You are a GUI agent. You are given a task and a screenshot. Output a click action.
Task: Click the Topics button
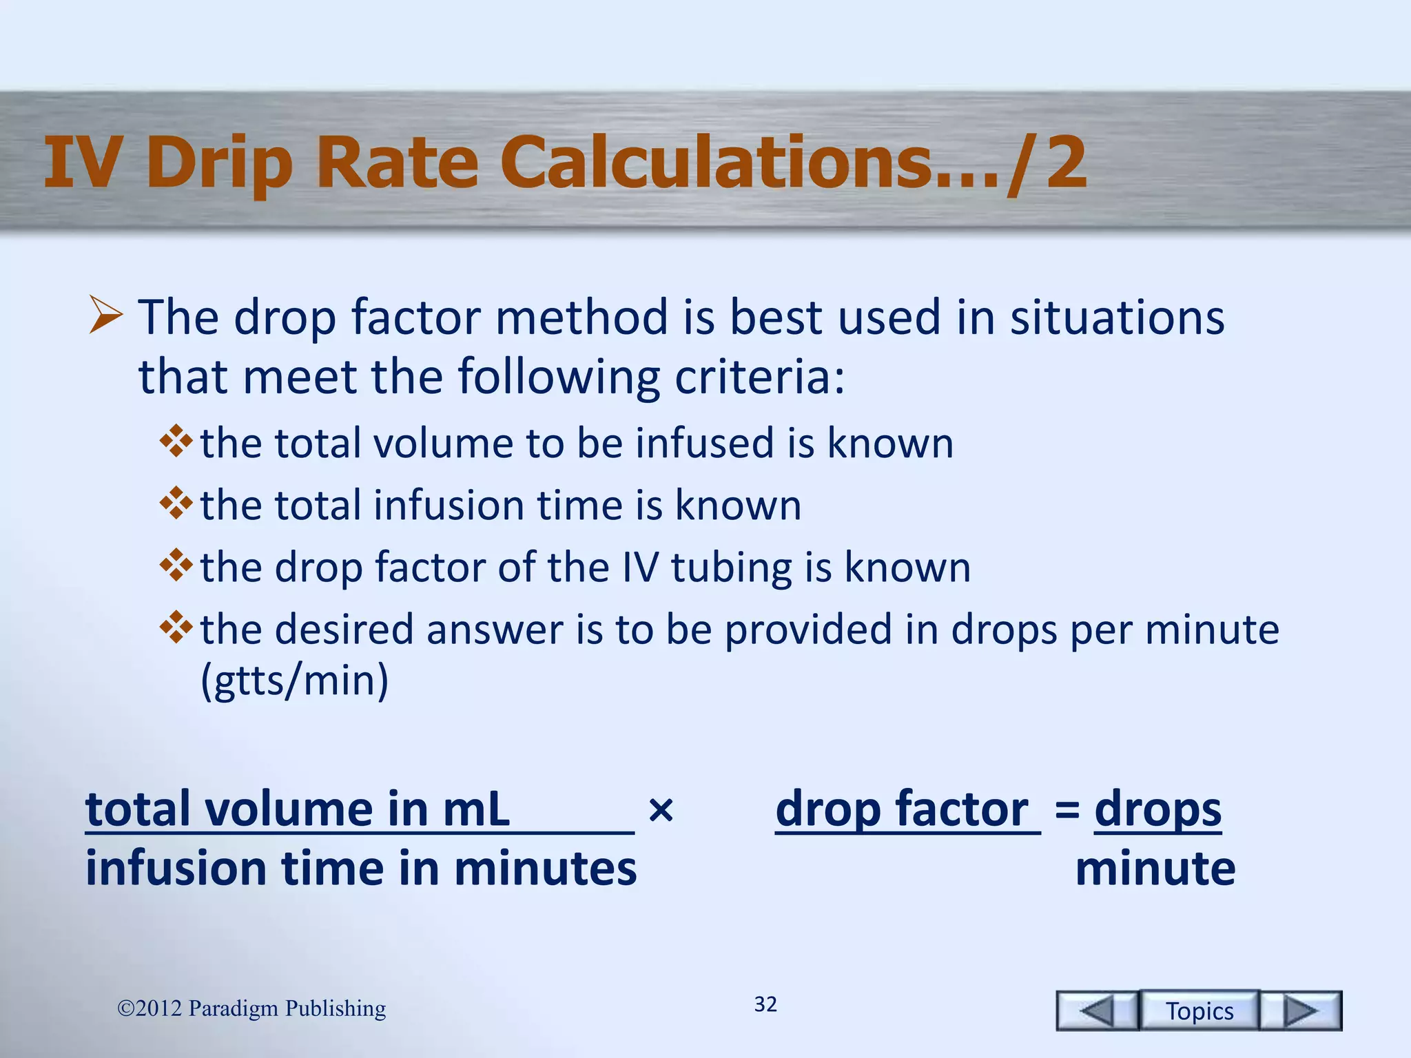pos(1199,1010)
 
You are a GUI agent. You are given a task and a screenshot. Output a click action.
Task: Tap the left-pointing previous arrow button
pos(1097,1010)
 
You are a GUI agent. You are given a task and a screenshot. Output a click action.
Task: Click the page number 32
pos(765,1004)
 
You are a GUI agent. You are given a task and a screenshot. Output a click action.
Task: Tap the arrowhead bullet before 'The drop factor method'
pos(105,316)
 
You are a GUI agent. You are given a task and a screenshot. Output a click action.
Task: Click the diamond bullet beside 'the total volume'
pos(176,442)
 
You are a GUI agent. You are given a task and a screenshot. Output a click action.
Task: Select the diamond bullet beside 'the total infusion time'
pos(176,504)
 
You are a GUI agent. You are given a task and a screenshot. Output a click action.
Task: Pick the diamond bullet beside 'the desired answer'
pos(176,627)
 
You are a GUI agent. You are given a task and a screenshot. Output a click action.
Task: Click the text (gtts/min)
pos(294,680)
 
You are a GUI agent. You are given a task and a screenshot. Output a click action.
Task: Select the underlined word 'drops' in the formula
pos(1157,809)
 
